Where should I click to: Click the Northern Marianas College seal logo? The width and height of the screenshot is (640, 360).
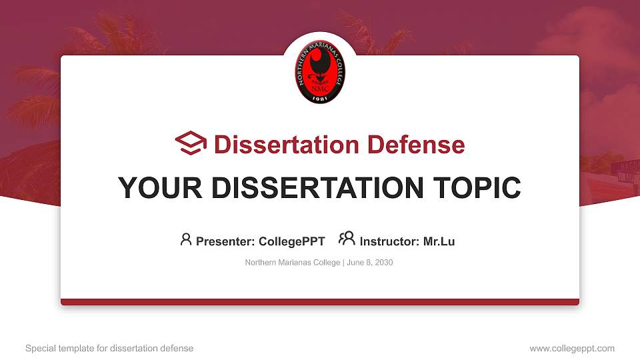pos(320,72)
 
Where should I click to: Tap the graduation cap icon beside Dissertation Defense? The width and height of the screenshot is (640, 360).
pos(191,144)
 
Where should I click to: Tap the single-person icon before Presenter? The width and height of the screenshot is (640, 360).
pos(186,239)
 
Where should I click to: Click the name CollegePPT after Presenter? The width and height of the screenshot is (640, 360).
pos(291,241)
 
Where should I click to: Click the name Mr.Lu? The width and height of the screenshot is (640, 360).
pos(439,241)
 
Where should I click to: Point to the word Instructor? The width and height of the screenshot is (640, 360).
pos(389,241)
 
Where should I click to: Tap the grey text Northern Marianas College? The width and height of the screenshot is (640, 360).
pos(292,263)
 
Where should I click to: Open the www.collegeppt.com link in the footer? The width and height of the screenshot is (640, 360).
pos(572,348)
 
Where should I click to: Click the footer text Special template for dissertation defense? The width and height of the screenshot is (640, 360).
pos(109,348)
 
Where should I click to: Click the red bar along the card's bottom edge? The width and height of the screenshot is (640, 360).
pos(320,302)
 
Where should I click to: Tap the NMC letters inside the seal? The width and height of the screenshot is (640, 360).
pos(320,86)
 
